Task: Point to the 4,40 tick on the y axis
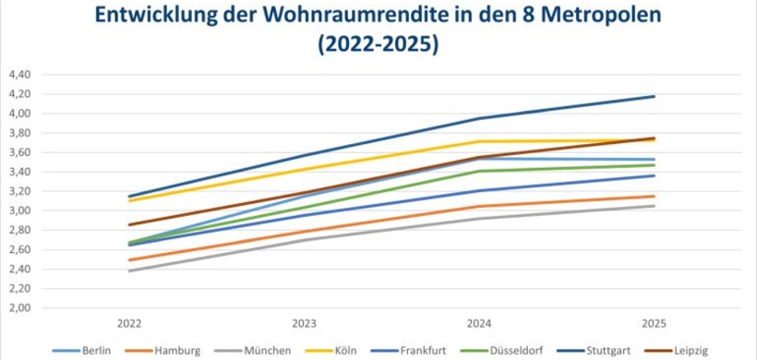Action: tap(18, 75)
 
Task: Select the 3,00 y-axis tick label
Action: tap(18, 210)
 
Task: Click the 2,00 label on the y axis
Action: tap(18, 307)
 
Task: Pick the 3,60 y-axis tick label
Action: tap(18, 152)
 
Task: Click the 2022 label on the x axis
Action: tap(129, 325)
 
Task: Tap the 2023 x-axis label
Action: tap(305, 325)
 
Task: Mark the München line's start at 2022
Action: tap(129, 270)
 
